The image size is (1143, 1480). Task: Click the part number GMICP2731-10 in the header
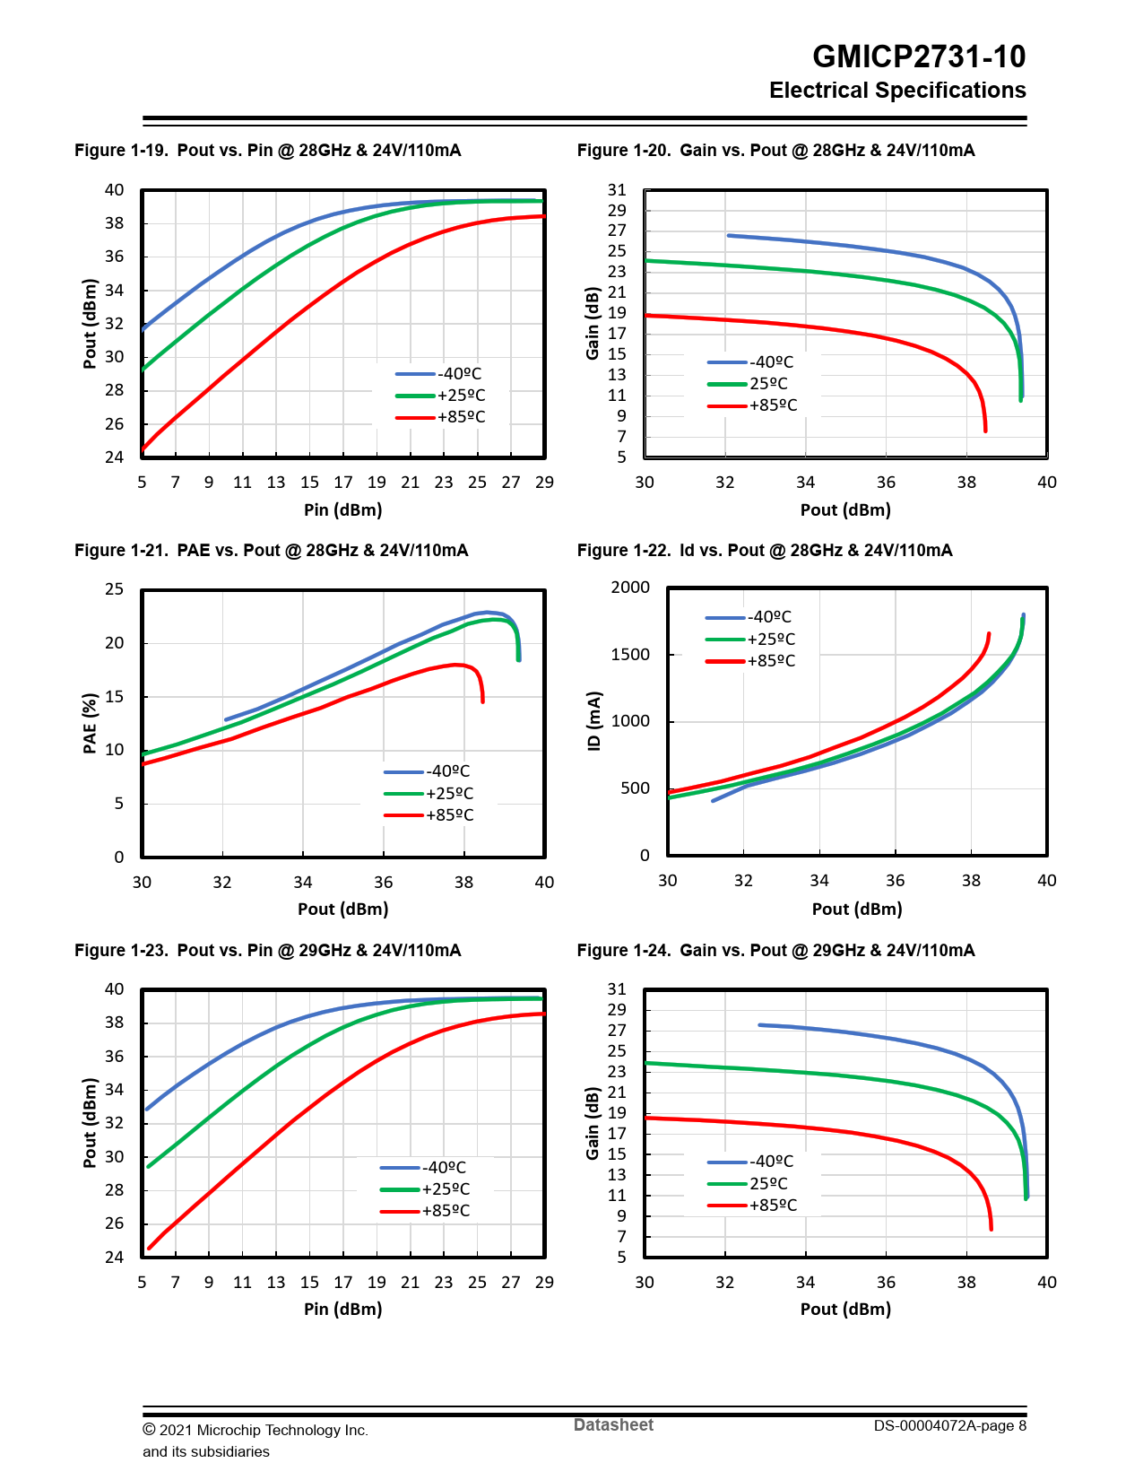pos(918,57)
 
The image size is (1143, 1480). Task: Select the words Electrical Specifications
pos(897,91)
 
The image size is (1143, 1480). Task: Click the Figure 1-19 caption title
pos(267,150)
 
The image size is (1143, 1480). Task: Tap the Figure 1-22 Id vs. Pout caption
pos(764,550)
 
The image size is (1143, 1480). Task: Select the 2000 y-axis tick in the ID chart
pos(630,588)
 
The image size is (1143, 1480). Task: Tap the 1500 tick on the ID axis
pos(630,655)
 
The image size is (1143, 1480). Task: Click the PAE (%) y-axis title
pos(90,723)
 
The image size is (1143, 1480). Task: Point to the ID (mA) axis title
pos(593,721)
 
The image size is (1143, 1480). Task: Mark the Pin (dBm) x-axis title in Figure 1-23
pos(342,1309)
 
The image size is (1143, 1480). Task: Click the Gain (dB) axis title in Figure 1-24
pos(593,1123)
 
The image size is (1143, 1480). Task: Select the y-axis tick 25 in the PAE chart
pos(115,589)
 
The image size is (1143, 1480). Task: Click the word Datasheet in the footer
pos(613,1424)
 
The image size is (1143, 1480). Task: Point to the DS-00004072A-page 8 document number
pos(949,1425)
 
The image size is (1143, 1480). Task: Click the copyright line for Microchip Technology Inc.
pos(255,1430)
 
